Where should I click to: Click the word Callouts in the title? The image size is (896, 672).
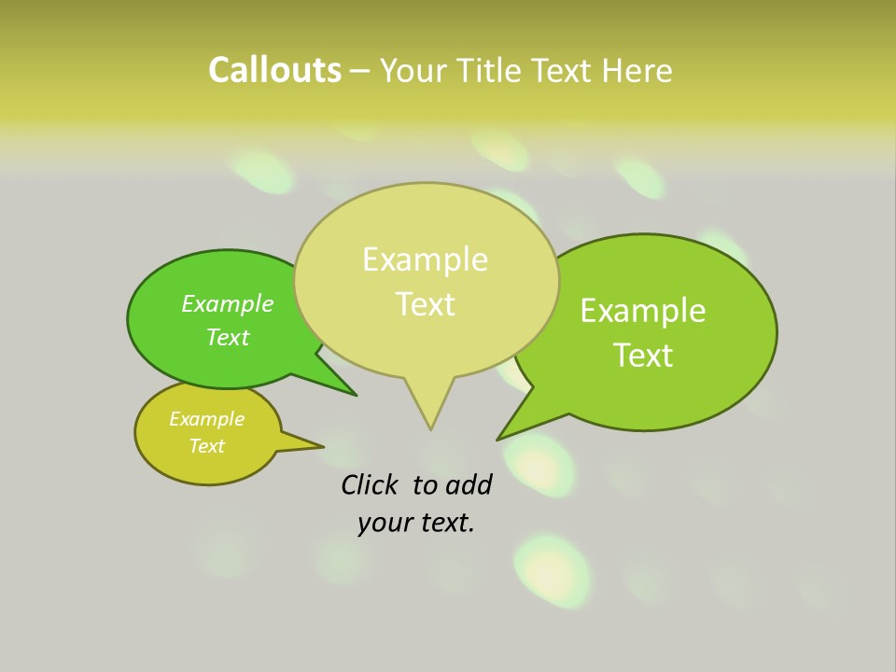pyautogui.click(x=274, y=70)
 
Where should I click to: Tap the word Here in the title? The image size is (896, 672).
pyautogui.click(x=637, y=71)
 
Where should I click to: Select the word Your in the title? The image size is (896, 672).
pyautogui.click(x=413, y=71)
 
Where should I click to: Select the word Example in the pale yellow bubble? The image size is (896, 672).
pyautogui.click(x=425, y=259)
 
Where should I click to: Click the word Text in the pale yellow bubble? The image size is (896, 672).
pyautogui.click(x=426, y=304)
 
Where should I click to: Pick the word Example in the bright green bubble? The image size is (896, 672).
pyautogui.click(x=228, y=303)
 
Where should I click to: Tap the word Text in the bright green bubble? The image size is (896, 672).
pyautogui.click(x=228, y=337)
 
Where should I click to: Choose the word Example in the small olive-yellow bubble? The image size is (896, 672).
pyautogui.click(x=206, y=419)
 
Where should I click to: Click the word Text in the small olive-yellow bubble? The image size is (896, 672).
pyautogui.click(x=206, y=446)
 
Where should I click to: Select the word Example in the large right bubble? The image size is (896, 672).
pyautogui.click(x=643, y=311)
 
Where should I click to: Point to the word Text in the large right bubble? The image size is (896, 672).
pyautogui.click(x=644, y=356)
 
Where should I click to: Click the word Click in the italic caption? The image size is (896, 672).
pyautogui.click(x=371, y=484)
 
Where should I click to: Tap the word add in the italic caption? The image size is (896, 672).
pyautogui.click(x=469, y=484)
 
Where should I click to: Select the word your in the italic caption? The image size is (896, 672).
pyautogui.click(x=384, y=523)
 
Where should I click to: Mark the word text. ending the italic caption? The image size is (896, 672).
pyautogui.click(x=444, y=523)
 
